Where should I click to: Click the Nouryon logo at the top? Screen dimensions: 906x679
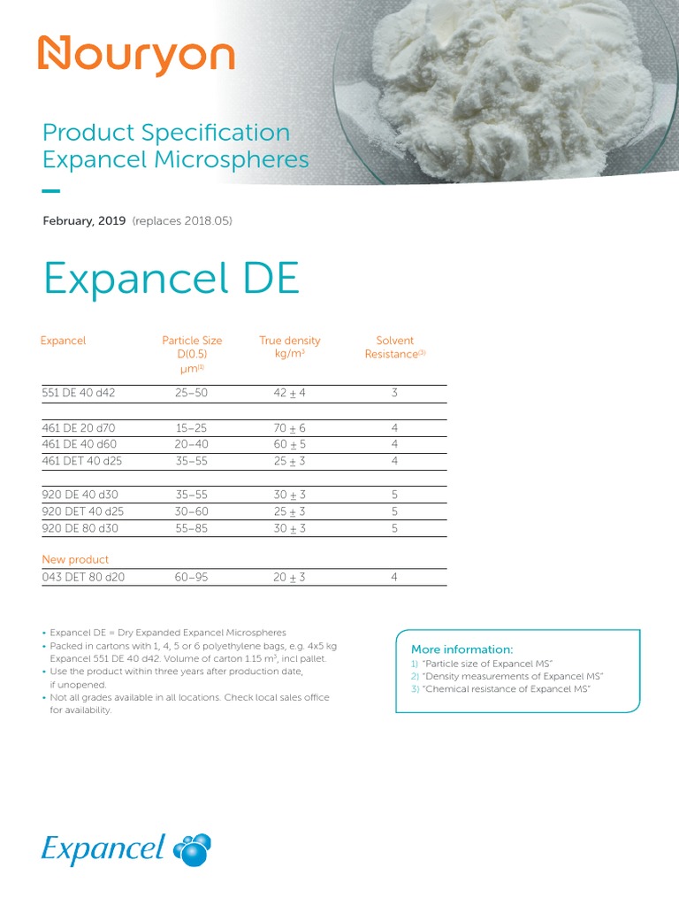(135, 56)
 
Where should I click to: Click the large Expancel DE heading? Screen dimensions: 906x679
(172, 280)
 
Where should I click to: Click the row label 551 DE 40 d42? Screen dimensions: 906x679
(80, 392)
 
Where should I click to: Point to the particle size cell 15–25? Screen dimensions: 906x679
(192, 428)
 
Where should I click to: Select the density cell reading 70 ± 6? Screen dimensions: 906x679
(290, 428)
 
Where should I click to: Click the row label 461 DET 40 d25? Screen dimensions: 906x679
(84, 461)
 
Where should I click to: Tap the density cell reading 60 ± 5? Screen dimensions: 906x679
(290, 444)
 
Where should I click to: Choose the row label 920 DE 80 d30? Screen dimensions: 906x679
(80, 528)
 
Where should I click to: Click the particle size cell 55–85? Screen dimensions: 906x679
(192, 528)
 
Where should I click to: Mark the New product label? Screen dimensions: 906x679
(75, 559)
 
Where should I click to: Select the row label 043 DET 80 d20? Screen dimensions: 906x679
(84, 577)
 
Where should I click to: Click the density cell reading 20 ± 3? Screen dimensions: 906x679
(290, 577)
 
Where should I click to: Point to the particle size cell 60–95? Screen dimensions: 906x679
(192, 577)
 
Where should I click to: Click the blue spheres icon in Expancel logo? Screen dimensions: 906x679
(192, 849)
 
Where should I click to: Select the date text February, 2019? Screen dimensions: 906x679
(84, 220)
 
